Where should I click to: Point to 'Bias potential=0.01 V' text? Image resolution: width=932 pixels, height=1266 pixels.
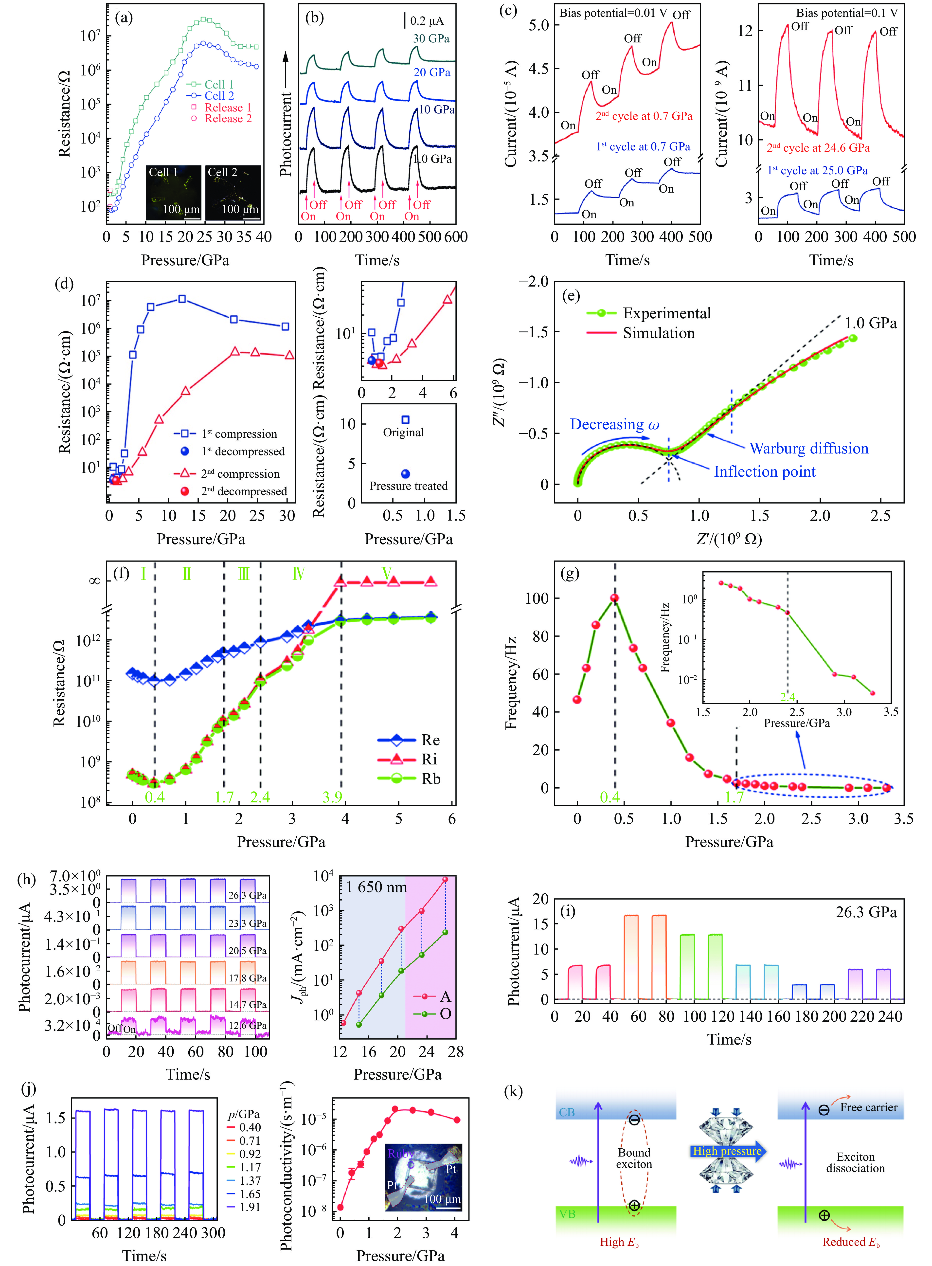coord(612,13)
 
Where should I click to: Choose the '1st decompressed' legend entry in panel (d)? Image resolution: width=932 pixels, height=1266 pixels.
coord(243,451)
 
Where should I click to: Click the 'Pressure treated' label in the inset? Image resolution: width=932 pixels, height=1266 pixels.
coord(409,486)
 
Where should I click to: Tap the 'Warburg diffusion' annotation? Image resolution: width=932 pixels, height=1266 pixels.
coord(808,449)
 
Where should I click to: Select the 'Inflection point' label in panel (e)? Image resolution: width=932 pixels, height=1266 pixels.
coord(764,472)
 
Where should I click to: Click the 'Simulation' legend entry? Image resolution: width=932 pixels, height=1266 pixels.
coord(658,333)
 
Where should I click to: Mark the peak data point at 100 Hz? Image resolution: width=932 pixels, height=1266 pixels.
coord(614,598)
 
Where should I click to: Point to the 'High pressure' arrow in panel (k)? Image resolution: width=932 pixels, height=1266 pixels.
coord(727,1151)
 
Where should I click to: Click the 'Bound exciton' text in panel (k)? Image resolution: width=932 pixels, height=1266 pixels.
coord(634,1158)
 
